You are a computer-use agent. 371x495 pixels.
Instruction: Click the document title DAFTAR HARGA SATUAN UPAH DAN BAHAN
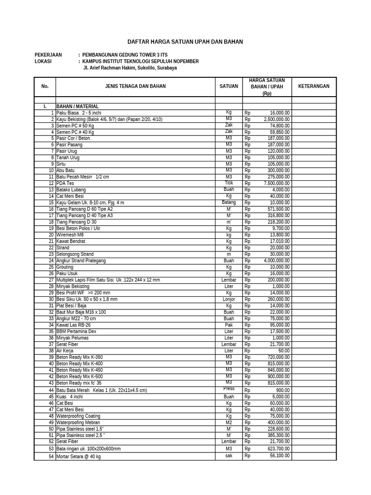point(185,42)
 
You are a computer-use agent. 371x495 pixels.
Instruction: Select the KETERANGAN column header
point(314,87)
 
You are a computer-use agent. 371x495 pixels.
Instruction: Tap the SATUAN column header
point(228,87)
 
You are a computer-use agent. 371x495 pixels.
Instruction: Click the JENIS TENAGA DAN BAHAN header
point(135,87)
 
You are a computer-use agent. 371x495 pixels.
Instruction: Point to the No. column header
point(45,87)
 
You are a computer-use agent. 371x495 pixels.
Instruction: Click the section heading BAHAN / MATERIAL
point(77,106)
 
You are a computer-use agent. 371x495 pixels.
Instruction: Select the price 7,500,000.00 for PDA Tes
point(276,183)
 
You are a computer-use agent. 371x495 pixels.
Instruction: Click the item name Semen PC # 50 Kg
point(75,126)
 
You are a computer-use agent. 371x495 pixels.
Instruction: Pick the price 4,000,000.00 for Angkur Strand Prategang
point(276,261)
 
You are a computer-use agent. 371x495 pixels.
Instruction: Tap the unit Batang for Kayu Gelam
point(228,203)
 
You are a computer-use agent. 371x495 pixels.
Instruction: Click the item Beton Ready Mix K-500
point(79,377)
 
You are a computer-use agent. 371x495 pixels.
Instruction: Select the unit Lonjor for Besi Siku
point(228,299)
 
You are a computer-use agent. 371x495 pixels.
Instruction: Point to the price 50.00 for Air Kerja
point(284,351)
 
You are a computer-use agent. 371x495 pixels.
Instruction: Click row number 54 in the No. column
point(51,456)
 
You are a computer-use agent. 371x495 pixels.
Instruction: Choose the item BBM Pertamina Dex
point(76,332)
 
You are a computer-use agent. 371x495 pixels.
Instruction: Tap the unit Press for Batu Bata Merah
point(228,389)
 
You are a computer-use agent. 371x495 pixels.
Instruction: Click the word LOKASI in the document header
point(43,61)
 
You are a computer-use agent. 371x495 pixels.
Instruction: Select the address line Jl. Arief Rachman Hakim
point(130,68)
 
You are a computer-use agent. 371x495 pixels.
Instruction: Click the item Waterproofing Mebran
point(78,422)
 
